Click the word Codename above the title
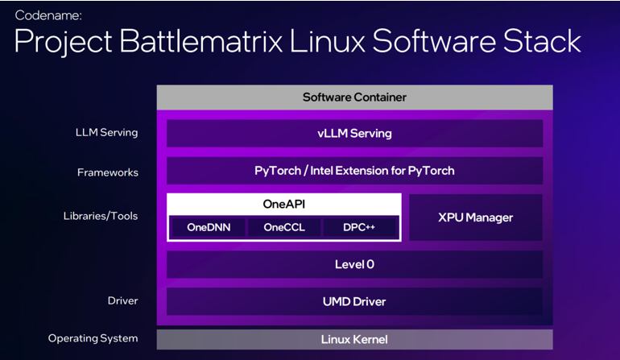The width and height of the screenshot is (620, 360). pyautogui.click(x=48, y=15)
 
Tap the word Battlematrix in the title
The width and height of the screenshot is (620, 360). pyautogui.click(x=200, y=41)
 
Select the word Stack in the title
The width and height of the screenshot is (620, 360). pyautogui.click(x=542, y=41)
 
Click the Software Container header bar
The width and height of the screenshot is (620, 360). pyautogui.click(x=354, y=97)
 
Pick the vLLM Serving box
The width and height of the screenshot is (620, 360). pyautogui.click(x=354, y=134)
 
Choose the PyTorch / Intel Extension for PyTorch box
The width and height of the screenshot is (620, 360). pyautogui.click(x=354, y=171)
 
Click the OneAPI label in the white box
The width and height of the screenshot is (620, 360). pyautogui.click(x=284, y=204)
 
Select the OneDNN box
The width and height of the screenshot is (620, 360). pyautogui.click(x=209, y=227)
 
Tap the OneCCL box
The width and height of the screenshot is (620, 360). pyautogui.click(x=284, y=227)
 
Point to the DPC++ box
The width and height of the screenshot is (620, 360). pyautogui.click(x=359, y=227)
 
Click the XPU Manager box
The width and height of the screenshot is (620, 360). pyautogui.click(x=476, y=217)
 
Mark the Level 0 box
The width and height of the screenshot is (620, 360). pyautogui.click(x=354, y=264)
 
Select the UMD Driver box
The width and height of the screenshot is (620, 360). pyautogui.click(x=354, y=301)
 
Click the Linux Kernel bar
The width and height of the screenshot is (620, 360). pyautogui.click(x=354, y=339)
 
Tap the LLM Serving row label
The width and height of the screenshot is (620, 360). pyautogui.click(x=107, y=133)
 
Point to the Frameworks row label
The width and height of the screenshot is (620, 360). pyautogui.click(x=108, y=172)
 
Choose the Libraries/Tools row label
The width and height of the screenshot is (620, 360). pyautogui.click(x=101, y=216)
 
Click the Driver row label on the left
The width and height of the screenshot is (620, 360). pyautogui.click(x=123, y=300)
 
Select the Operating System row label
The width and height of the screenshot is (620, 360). pyautogui.click(x=93, y=338)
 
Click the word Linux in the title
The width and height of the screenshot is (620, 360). pyautogui.click(x=328, y=41)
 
